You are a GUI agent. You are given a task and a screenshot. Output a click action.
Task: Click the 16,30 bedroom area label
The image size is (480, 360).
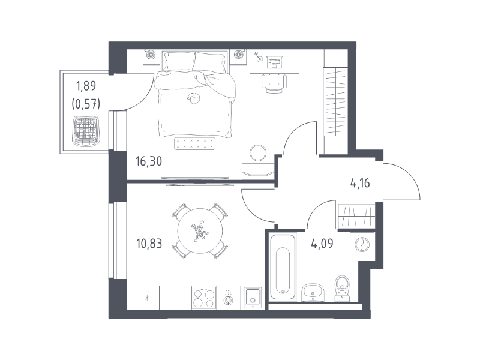149,161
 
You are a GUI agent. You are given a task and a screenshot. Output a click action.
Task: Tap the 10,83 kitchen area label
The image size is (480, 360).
149,244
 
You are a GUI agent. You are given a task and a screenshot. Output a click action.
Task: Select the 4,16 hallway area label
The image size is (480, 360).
360,184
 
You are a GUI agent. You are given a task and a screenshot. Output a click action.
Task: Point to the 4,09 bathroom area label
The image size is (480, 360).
322,244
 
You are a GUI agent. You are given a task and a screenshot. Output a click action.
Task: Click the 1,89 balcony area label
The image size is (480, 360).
86,86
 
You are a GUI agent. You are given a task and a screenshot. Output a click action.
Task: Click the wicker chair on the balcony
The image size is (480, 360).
86,131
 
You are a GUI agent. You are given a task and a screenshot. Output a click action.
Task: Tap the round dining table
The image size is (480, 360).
200,231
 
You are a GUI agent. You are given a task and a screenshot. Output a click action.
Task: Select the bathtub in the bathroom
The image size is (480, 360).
283,266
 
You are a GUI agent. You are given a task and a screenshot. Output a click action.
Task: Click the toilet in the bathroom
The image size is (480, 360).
343,288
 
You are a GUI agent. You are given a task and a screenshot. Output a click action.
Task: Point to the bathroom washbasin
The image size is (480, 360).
313,292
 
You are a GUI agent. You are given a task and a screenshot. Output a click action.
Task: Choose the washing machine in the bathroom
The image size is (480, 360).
362,244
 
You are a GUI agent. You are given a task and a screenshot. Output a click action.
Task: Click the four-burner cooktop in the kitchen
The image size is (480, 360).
203,298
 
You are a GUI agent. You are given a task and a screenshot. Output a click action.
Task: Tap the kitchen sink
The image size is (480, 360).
253,298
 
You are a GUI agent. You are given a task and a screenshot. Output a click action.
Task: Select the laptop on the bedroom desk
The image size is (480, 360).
275,62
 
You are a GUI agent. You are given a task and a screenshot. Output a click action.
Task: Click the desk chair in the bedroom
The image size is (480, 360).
274,83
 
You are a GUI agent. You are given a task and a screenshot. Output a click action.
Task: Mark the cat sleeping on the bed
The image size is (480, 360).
194,98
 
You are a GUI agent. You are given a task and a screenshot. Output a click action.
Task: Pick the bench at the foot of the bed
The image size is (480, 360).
194,143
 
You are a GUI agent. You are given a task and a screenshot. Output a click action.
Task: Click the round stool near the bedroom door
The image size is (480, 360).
258,152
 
